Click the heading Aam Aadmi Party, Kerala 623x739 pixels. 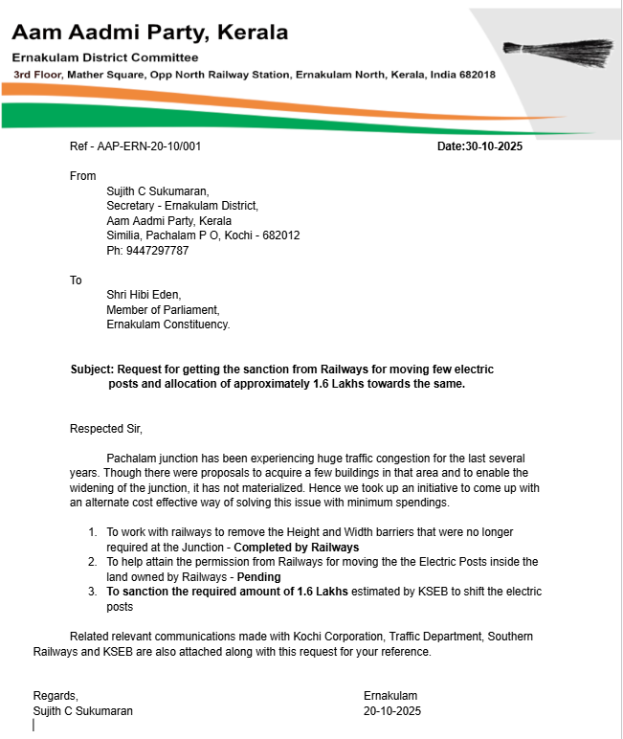149,33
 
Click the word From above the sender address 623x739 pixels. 83,176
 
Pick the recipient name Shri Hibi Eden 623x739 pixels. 144,295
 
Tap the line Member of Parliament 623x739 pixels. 163,309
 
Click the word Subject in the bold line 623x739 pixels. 92,369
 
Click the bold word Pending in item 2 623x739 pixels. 258,577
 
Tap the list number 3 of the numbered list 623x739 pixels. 92,592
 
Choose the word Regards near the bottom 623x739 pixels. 56,696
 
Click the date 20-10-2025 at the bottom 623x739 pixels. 391,711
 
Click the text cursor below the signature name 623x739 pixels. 33,726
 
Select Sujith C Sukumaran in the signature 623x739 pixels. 83,711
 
